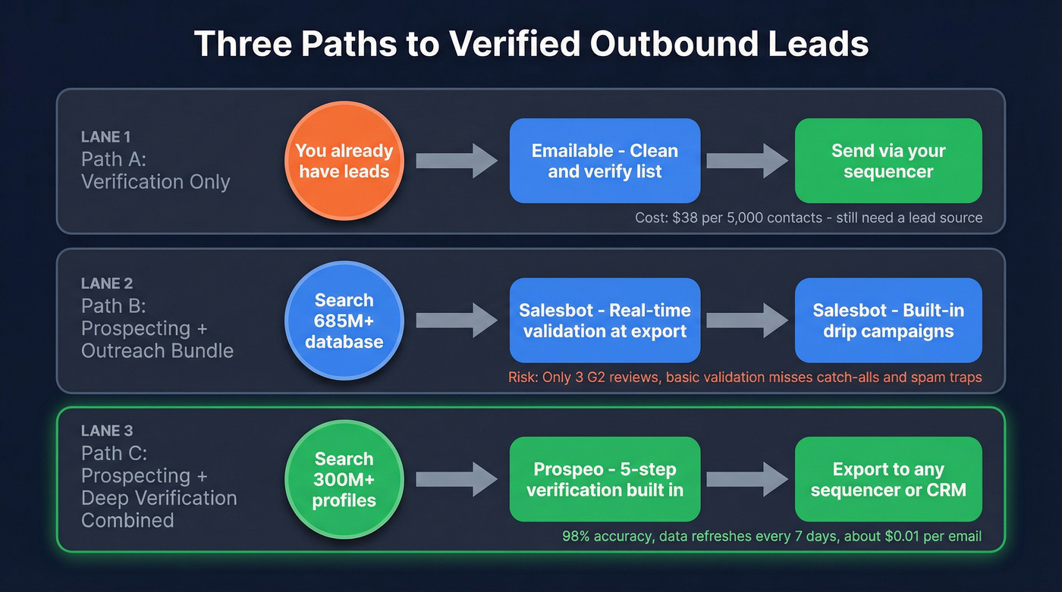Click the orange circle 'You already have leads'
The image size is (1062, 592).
(344, 161)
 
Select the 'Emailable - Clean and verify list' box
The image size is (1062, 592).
(605, 161)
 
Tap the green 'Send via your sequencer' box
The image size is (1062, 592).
(888, 161)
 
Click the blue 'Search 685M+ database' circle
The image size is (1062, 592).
(344, 321)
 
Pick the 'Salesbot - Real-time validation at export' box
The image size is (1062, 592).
(605, 321)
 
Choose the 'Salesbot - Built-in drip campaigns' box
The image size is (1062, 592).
(888, 321)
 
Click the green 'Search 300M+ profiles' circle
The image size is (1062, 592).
(344, 479)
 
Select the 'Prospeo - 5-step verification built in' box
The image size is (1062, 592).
(605, 479)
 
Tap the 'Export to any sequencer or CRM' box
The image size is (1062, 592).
(888, 479)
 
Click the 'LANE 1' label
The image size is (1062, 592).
(105, 137)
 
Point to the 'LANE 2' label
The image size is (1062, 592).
(107, 283)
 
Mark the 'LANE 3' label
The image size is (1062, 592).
(107, 431)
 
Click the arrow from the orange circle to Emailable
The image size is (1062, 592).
(456, 161)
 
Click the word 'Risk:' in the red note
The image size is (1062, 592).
(523, 377)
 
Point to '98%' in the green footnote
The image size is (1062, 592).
(577, 537)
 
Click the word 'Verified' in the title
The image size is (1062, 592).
(517, 44)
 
